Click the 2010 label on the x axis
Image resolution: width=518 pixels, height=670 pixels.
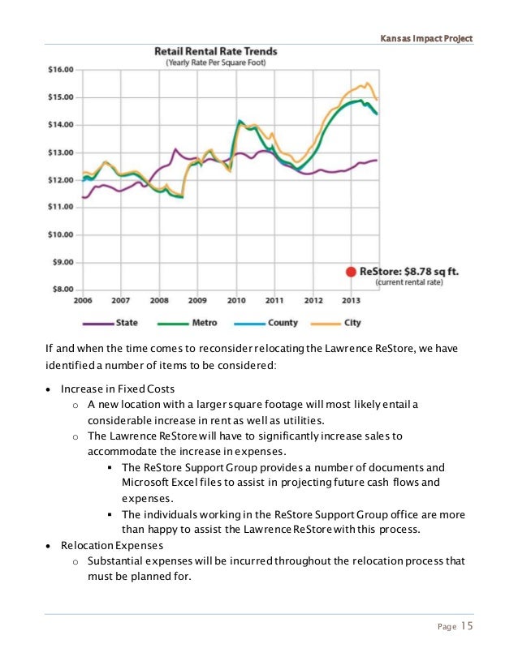point(236,300)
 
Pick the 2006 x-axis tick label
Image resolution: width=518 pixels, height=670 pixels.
point(83,300)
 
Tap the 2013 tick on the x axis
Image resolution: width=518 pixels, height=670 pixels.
point(351,300)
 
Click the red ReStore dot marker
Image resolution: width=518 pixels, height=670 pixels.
point(351,273)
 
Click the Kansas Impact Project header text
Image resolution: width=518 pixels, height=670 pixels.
point(425,38)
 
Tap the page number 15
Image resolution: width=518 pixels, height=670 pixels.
point(467,625)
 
